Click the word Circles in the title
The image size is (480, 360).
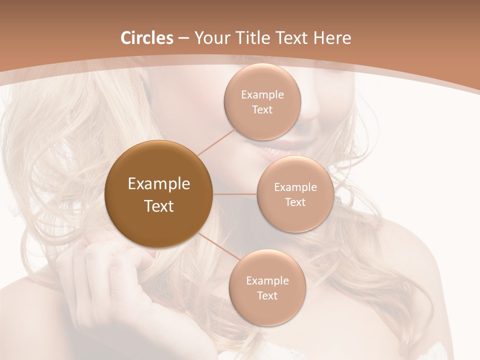tap(146, 38)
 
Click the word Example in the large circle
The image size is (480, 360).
tap(159, 184)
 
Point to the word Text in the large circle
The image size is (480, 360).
tap(159, 206)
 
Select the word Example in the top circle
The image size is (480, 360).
tap(262, 95)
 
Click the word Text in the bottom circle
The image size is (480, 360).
tap(267, 296)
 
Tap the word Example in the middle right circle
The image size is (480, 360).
tap(295, 187)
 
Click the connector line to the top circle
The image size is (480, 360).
tap(216, 141)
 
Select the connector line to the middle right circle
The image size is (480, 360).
tap(235, 194)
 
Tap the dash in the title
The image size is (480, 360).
tap(183, 38)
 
